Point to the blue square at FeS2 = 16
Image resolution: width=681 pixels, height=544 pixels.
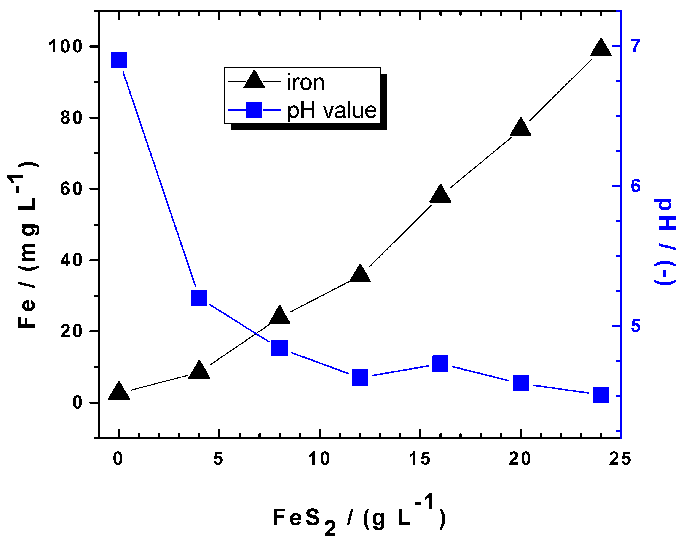coord(440,363)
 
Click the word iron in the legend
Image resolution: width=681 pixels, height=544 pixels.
coord(305,83)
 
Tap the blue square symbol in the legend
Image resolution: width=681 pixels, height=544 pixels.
coord(254,110)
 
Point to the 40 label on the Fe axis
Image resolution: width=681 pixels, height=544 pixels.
coord(71,261)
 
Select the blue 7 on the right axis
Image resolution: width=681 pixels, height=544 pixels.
coord(636,46)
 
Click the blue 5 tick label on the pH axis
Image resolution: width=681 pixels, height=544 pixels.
coord(636,326)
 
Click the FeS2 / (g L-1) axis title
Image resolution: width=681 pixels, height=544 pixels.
coord(359,518)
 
